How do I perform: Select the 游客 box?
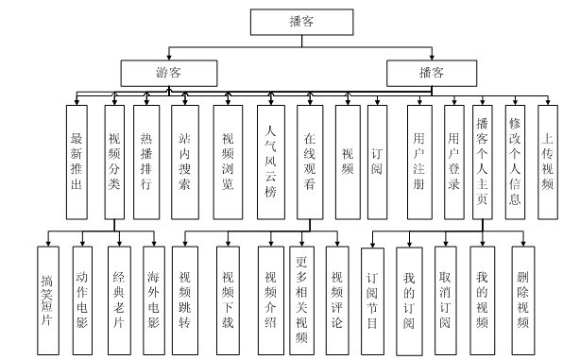(x=170, y=71)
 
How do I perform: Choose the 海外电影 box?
(x=155, y=294)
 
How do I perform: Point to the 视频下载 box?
(x=228, y=294)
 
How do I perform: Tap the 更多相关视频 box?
(x=302, y=294)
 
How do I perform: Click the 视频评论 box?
(x=337, y=294)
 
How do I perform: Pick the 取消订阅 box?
(x=446, y=294)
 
